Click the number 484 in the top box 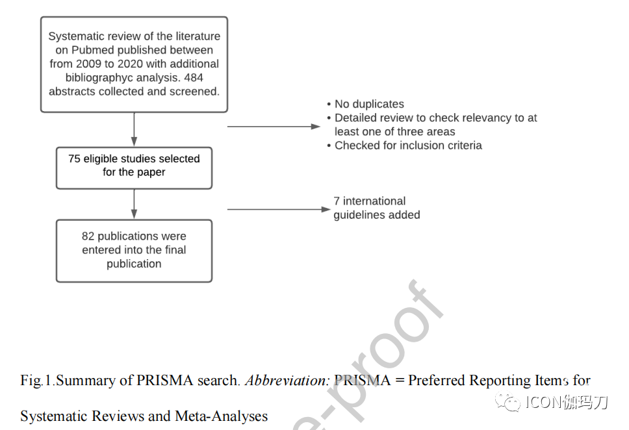click(x=194, y=77)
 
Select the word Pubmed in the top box click(x=91, y=50)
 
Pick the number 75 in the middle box click(x=74, y=159)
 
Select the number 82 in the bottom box click(x=88, y=236)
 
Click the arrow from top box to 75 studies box click(x=134, y=129)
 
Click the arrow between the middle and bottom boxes click(x=134, y=204)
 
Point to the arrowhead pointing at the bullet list click(x=316, y=127)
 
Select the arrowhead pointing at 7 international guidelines click(x=326, y=209)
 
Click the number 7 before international click(x=337, y=201)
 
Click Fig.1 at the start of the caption click(x=36, y=380)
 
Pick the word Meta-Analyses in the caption click(x=222, y=416)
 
